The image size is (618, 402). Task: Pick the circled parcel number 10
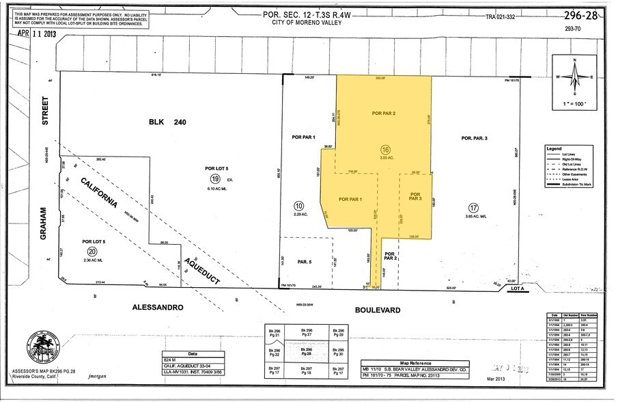pos(298,205)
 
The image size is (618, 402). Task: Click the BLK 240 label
pos(167,122)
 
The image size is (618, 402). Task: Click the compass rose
pos(574,77)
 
